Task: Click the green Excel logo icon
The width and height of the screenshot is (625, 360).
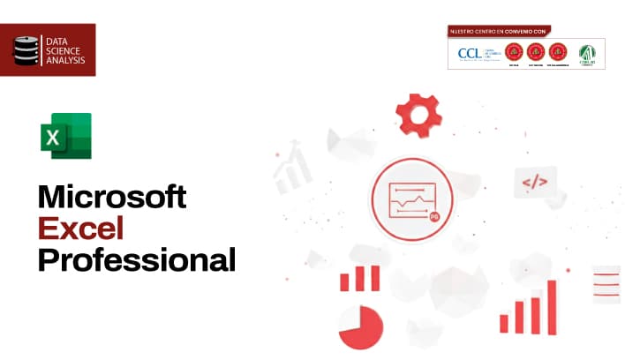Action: pos(65,136)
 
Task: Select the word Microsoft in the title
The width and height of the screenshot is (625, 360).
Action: pos(112,197)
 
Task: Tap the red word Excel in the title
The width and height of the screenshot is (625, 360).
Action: pos(80,229)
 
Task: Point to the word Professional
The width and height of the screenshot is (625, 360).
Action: pos(137,260)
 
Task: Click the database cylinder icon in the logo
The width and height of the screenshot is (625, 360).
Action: pos(27,50)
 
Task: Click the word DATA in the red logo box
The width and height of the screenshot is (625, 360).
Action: pos(56,41)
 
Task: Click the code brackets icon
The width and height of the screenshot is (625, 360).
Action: pos(535,183)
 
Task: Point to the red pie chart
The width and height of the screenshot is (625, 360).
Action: pos(360,327)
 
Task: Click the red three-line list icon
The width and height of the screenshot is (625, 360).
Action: pos(606,283)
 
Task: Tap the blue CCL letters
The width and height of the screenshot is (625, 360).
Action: pos(469,53)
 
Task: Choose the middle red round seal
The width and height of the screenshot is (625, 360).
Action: pos(535,52)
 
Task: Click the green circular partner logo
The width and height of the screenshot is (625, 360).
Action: pos(586,52)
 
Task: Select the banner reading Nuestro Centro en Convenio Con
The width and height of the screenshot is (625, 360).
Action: pos(499,31)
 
